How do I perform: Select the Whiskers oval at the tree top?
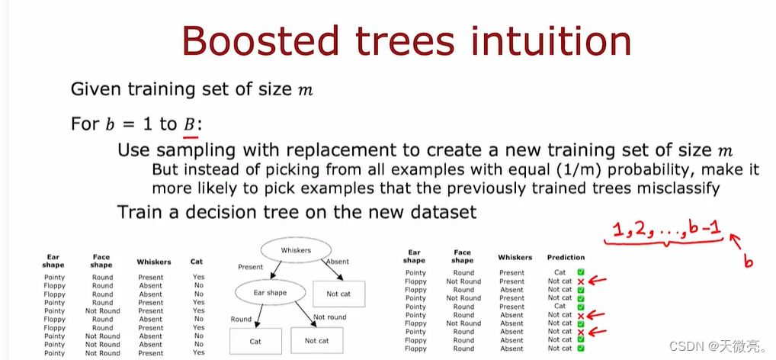tap(296, 249)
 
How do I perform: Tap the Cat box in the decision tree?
tap(255, 341)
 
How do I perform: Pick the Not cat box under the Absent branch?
tap(339, 293)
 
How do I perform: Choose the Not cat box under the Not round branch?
tap(316, 341)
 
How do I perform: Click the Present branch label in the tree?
tap(250, 267)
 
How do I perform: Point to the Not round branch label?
tap(329, 317)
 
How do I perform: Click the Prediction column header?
tap(566, 257)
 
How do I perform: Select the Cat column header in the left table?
tap(197, 262)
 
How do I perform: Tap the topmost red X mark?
tap(581, 281)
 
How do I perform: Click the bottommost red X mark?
tap(581, 332)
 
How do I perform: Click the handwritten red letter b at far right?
tap(749, 262)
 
